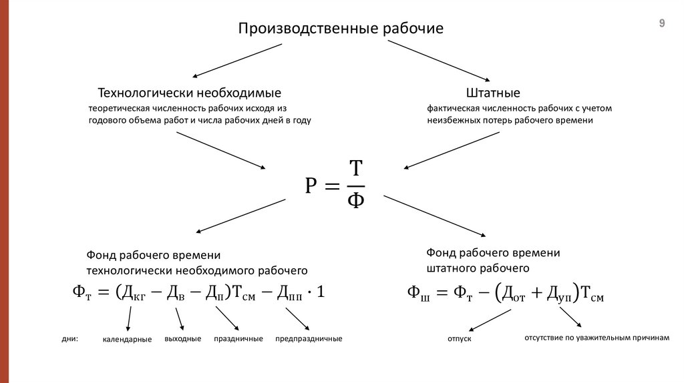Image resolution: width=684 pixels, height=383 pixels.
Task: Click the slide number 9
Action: [x=662, y=23]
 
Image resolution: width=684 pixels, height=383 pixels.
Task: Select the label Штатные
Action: [x=493, y=93]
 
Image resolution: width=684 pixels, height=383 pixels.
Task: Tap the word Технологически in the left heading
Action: [x=144, y=93]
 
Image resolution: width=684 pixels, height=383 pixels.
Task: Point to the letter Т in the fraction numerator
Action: [x=356, y=169]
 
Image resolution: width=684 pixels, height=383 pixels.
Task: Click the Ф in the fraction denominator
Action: [x=356, y=200]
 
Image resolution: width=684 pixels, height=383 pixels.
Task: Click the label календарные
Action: [x=127, y=340]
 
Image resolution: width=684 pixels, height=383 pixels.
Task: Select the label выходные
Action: [x=182, y=339]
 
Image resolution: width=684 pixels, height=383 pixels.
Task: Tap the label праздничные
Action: [x=238, y=339]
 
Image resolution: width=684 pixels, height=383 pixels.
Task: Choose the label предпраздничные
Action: [x=309, y=339]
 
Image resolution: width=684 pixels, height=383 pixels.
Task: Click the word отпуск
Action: [x=459, y=340]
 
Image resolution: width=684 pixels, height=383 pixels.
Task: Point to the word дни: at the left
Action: [x=69, y=339]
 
